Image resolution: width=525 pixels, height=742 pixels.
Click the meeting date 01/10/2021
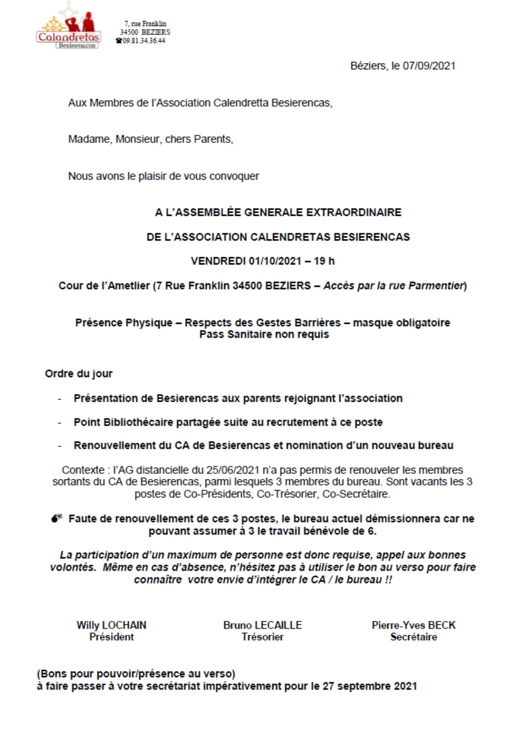point(275,261)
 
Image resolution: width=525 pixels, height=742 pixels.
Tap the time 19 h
point(324,261)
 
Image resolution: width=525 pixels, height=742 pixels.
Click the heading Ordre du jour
point(78,374)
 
